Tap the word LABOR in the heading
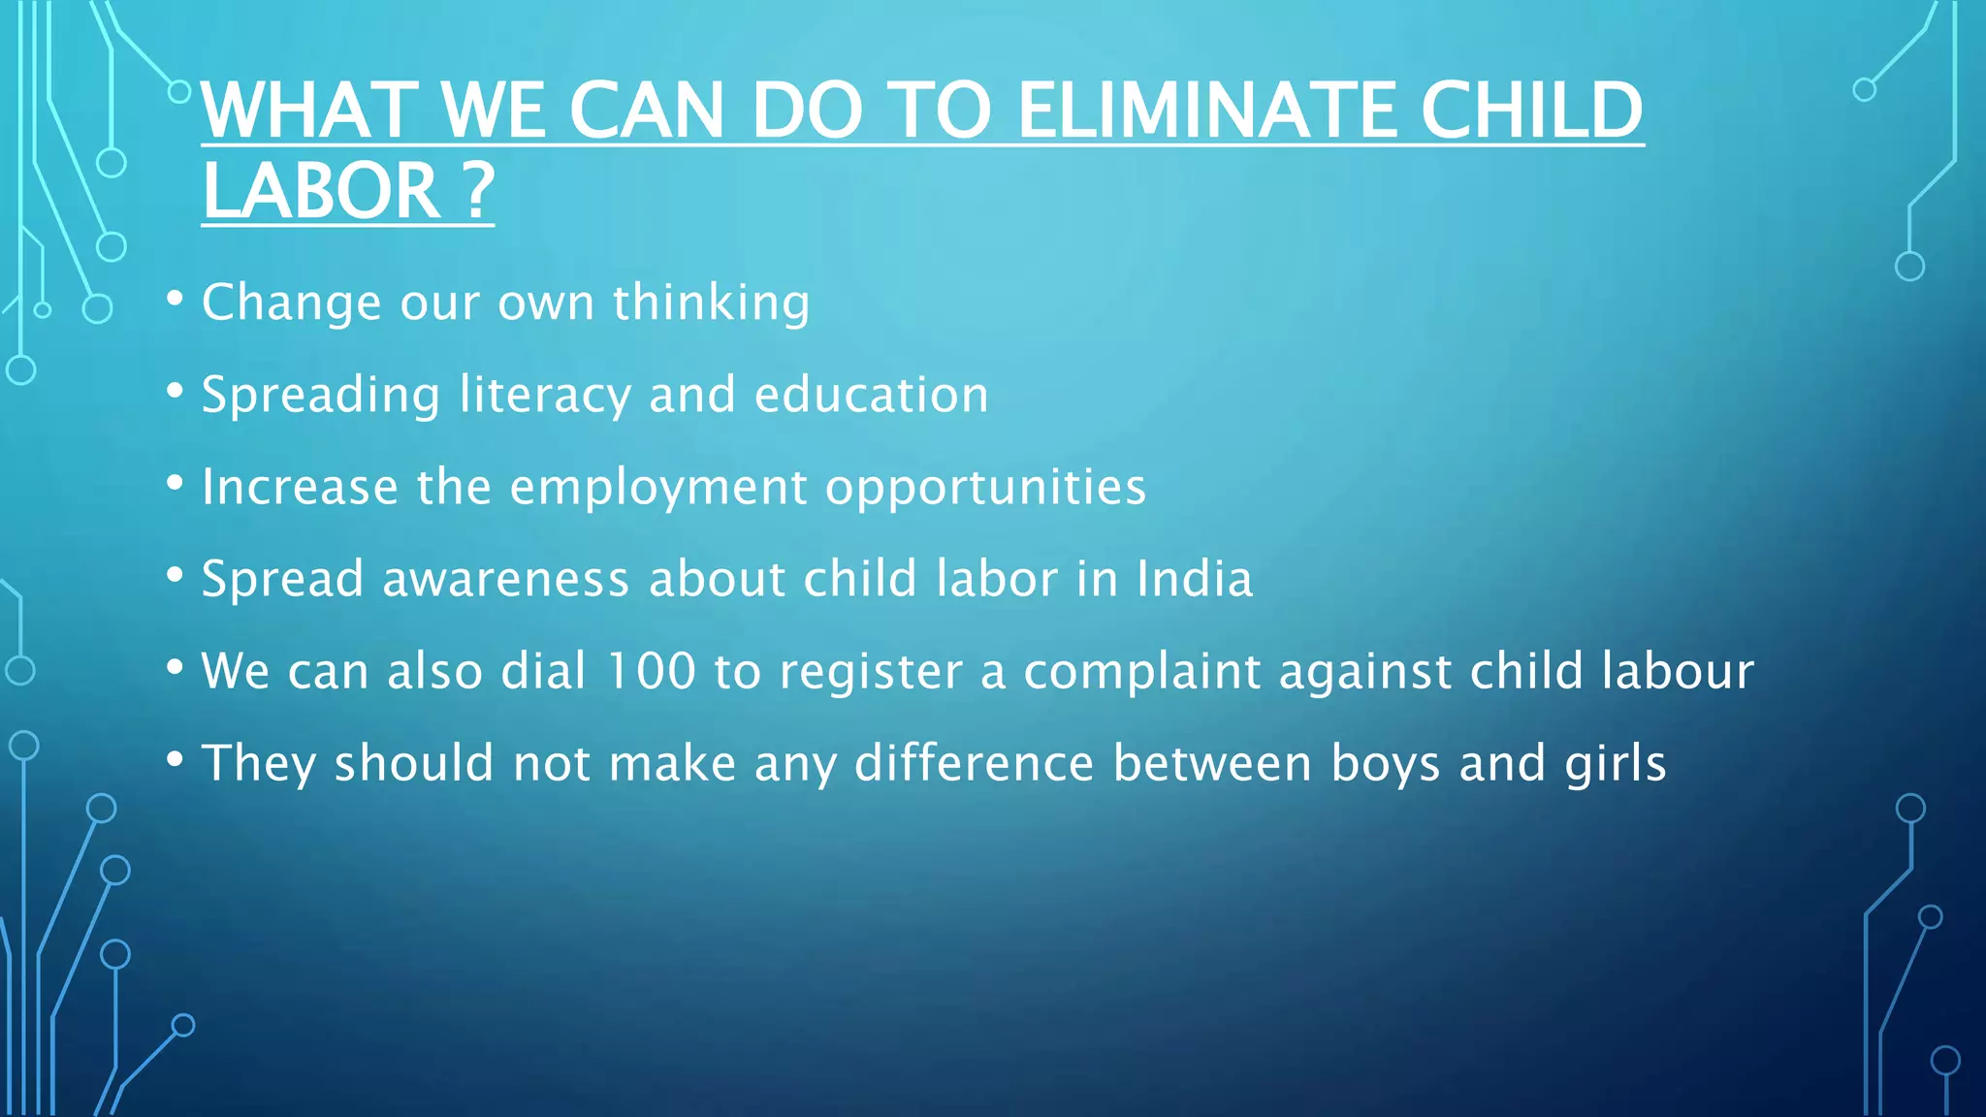click(x=322, y=190)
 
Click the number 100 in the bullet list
click(x=651, y=671)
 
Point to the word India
click(x=1195, y=579)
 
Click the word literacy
click(x=545, y=395)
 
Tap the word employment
click(x=658, y=488)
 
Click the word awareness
click(x=506, y=579)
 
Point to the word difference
click(x=974, y=763)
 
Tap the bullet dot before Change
click(x=175, y=299)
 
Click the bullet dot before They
click(x=175, y=759)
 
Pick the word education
click(x=871, y=395)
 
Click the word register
click(x=870, y=672)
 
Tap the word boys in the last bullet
click(x=1386, y=764)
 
